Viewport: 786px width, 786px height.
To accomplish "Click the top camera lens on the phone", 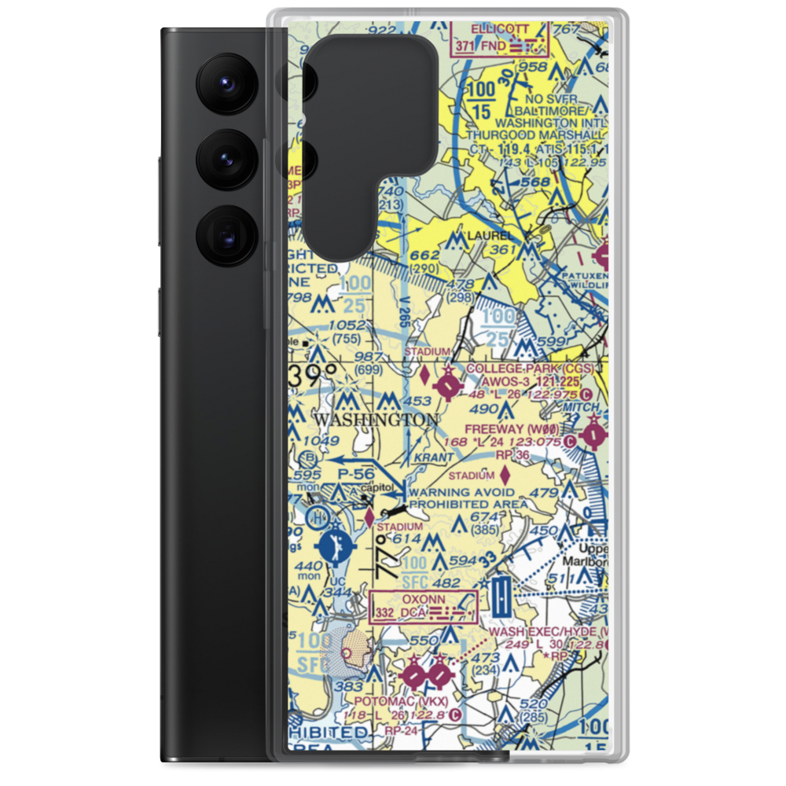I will (x=225, y=82).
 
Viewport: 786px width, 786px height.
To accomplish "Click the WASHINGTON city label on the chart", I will (x=376, y=420).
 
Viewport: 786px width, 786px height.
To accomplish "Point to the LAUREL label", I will (x=490, y=235).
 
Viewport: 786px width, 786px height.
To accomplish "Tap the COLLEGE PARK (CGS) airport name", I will (x=528, y=368).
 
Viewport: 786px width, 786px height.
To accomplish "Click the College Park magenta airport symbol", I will (x=448, y=385).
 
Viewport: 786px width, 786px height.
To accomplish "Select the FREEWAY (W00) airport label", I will (x=523, y=430).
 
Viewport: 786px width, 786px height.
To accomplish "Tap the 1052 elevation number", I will (x=347, y=325).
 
